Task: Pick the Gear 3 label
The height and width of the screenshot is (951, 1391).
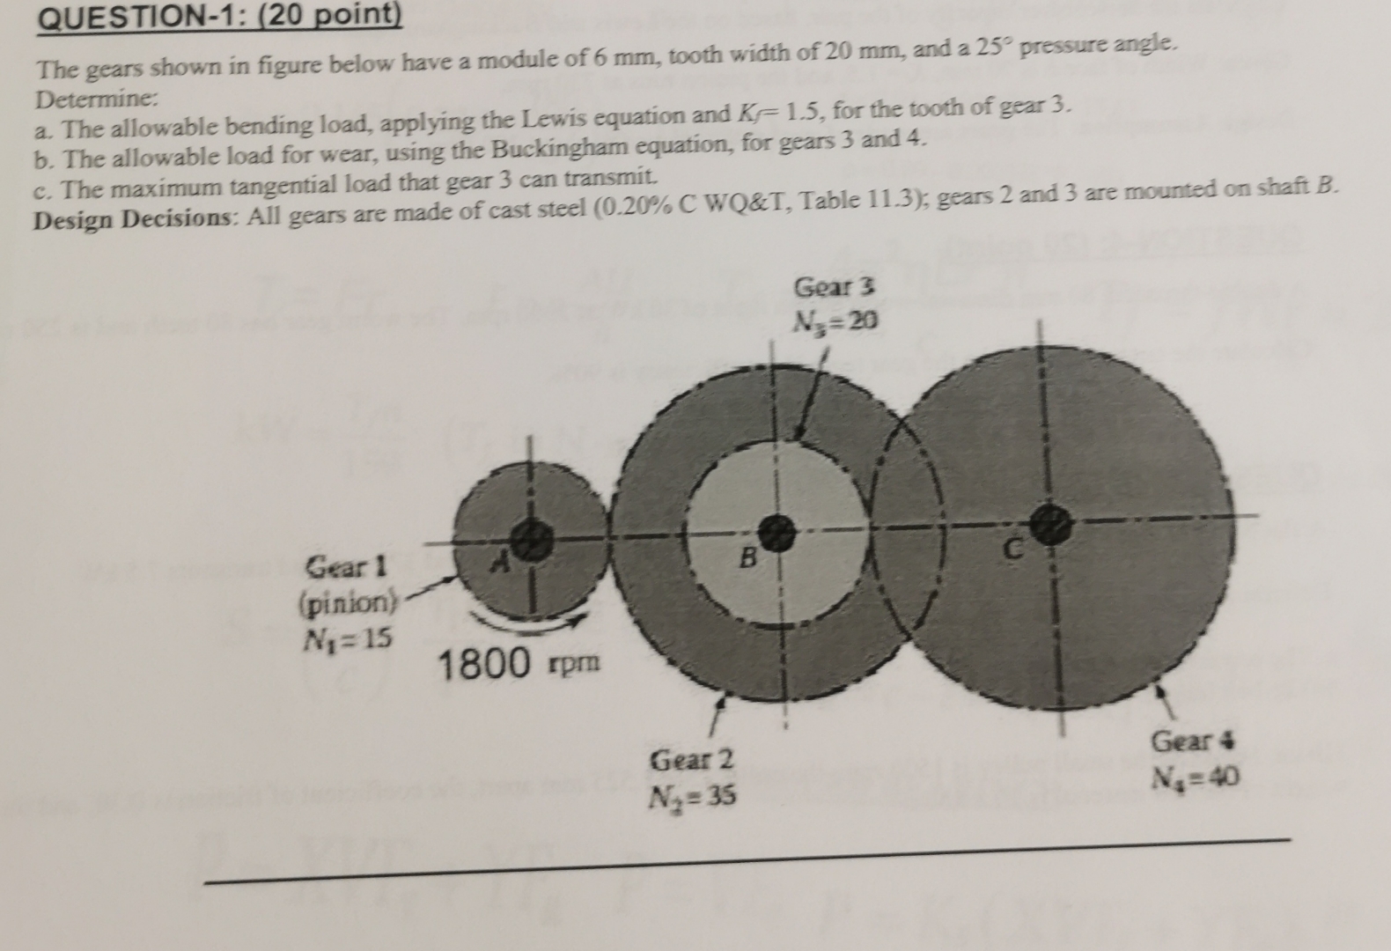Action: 835,287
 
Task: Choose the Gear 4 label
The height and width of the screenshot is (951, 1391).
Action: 1194,741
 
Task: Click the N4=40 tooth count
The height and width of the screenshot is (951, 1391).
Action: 1196,778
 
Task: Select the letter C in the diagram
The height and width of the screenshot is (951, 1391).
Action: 1014,551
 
